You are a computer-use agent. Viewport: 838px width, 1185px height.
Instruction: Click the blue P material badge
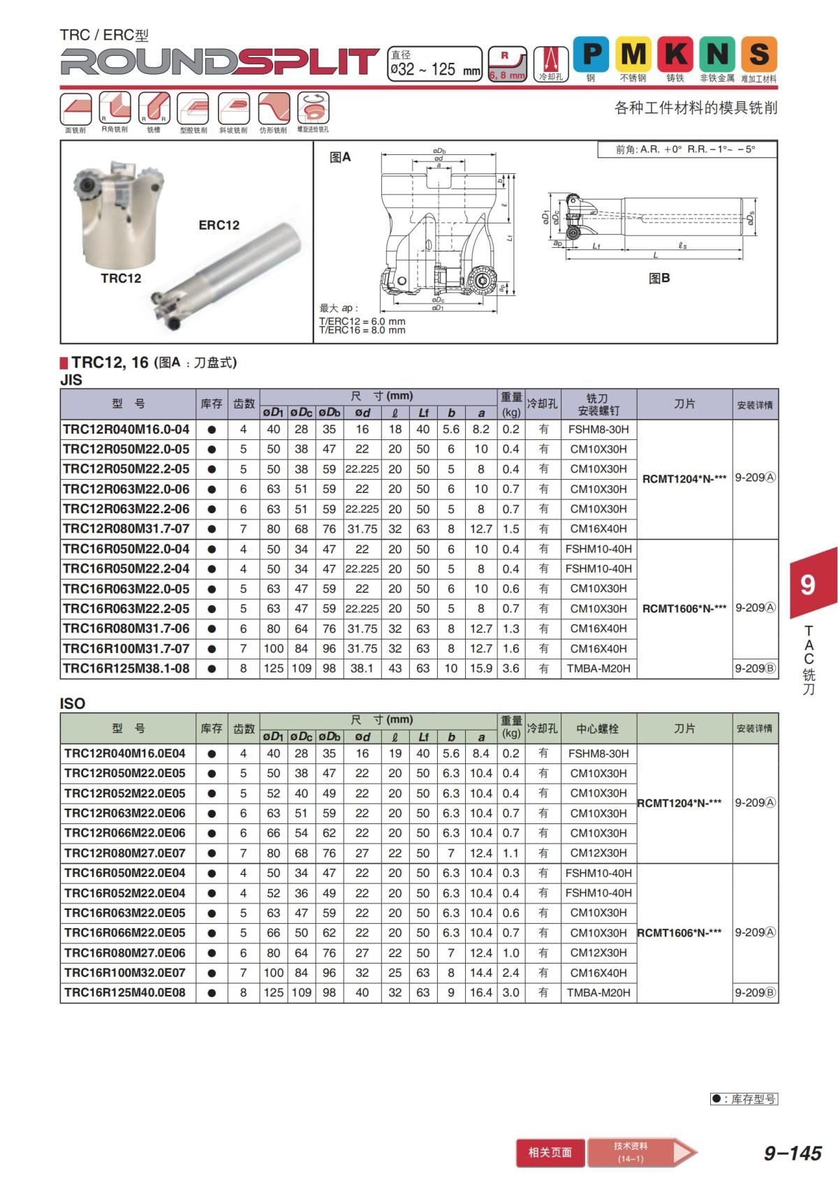point(591,54)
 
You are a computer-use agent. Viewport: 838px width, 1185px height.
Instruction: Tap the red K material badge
point(675,54)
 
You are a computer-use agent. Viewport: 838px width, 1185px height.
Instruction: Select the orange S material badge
point(759,54)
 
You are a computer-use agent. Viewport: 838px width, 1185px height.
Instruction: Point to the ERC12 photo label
point(219,225)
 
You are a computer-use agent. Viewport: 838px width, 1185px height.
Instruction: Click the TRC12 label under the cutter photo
point(121,279)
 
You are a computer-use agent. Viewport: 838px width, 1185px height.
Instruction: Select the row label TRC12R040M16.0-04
point(126,429)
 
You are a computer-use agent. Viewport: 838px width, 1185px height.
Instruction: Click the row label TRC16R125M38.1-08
point(126,668)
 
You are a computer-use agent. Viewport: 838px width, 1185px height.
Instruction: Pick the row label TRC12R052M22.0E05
point(125,793)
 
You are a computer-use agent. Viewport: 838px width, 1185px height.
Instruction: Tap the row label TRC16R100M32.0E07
point(125,973)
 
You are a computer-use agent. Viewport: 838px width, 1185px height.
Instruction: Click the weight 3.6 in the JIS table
point(510,668)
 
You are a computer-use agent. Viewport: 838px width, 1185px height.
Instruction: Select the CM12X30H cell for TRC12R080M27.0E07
point(598,853)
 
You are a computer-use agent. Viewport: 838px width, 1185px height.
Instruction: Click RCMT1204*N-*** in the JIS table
point(684,478)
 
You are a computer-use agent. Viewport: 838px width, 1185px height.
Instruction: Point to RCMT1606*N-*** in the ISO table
point(679,933)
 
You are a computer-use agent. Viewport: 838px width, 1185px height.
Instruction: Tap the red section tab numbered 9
point(808,584)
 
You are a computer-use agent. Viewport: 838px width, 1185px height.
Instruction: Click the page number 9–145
point(793,1153)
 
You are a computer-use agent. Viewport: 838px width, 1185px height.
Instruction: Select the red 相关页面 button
point(550,1152)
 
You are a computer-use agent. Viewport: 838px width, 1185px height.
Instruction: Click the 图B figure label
point(659,278)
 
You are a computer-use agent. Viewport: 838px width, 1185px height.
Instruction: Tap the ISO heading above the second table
point(73,703)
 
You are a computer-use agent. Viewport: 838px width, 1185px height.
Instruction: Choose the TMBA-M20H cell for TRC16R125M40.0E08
point(598,992)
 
